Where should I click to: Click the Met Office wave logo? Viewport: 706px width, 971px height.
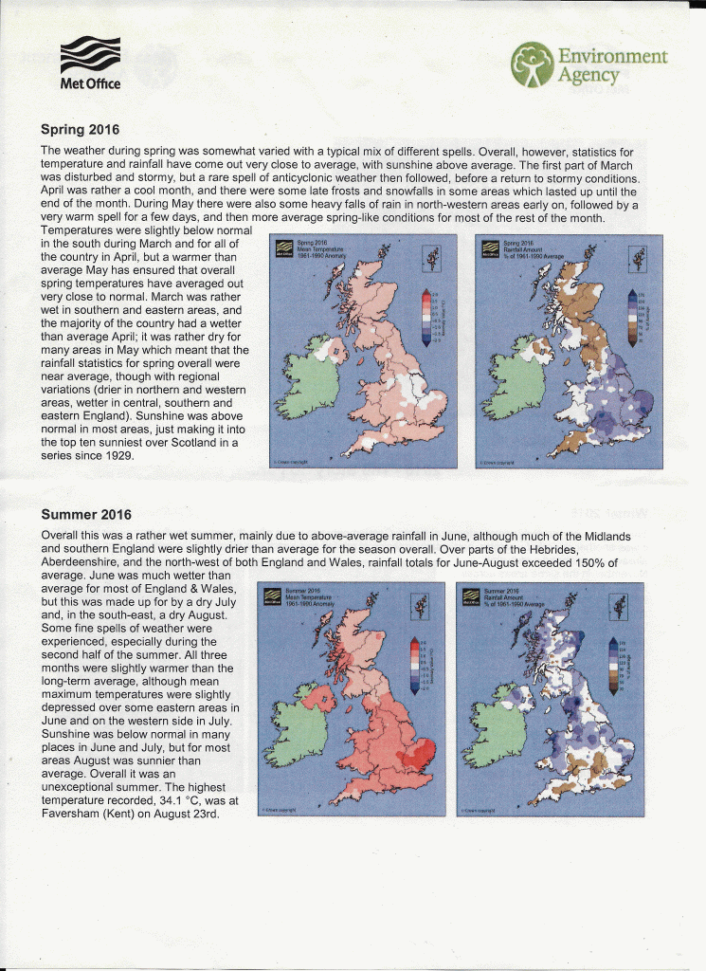click(90, 56)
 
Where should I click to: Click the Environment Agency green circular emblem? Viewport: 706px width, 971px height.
click(532, 64)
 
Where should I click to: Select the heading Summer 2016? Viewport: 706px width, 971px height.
click(86, 515)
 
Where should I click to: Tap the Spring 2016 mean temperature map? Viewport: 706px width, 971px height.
click(366, 351)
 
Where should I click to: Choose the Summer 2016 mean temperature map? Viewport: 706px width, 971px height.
click(352, 699)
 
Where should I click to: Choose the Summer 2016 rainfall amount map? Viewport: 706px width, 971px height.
click(550, 699)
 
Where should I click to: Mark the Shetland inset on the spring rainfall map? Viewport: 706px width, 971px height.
click(635, 256)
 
